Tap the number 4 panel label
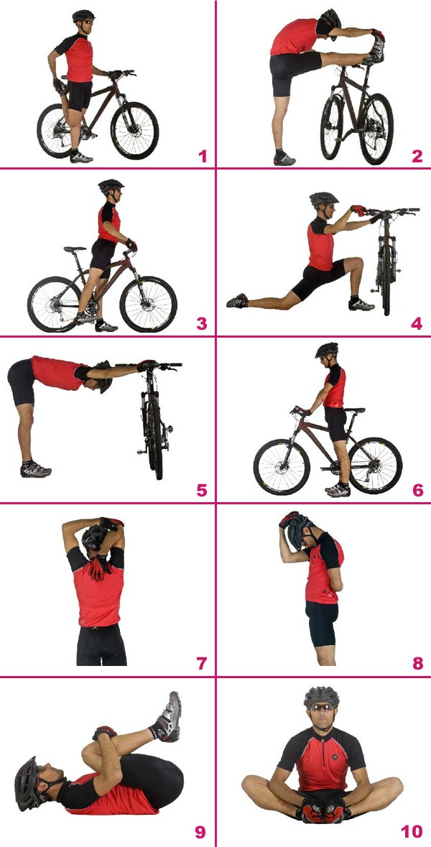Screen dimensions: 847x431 pos(417,323)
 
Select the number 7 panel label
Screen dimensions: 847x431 pos(202,662)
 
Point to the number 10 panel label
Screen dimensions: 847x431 pos(411,831)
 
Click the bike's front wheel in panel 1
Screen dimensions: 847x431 pos(134,130)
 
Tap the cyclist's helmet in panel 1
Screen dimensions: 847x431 pos(84,16)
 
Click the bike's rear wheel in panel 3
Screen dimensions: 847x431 pos(55,304)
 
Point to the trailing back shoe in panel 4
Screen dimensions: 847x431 pos(238,300)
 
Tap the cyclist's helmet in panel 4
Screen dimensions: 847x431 pos(324,198)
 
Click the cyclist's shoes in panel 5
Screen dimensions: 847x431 pos(35,469)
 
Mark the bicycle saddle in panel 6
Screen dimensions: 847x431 pos(354,410)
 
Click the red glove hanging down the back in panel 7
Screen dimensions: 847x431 pos(98,568)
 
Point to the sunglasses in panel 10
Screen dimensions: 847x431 pos(321,708)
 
